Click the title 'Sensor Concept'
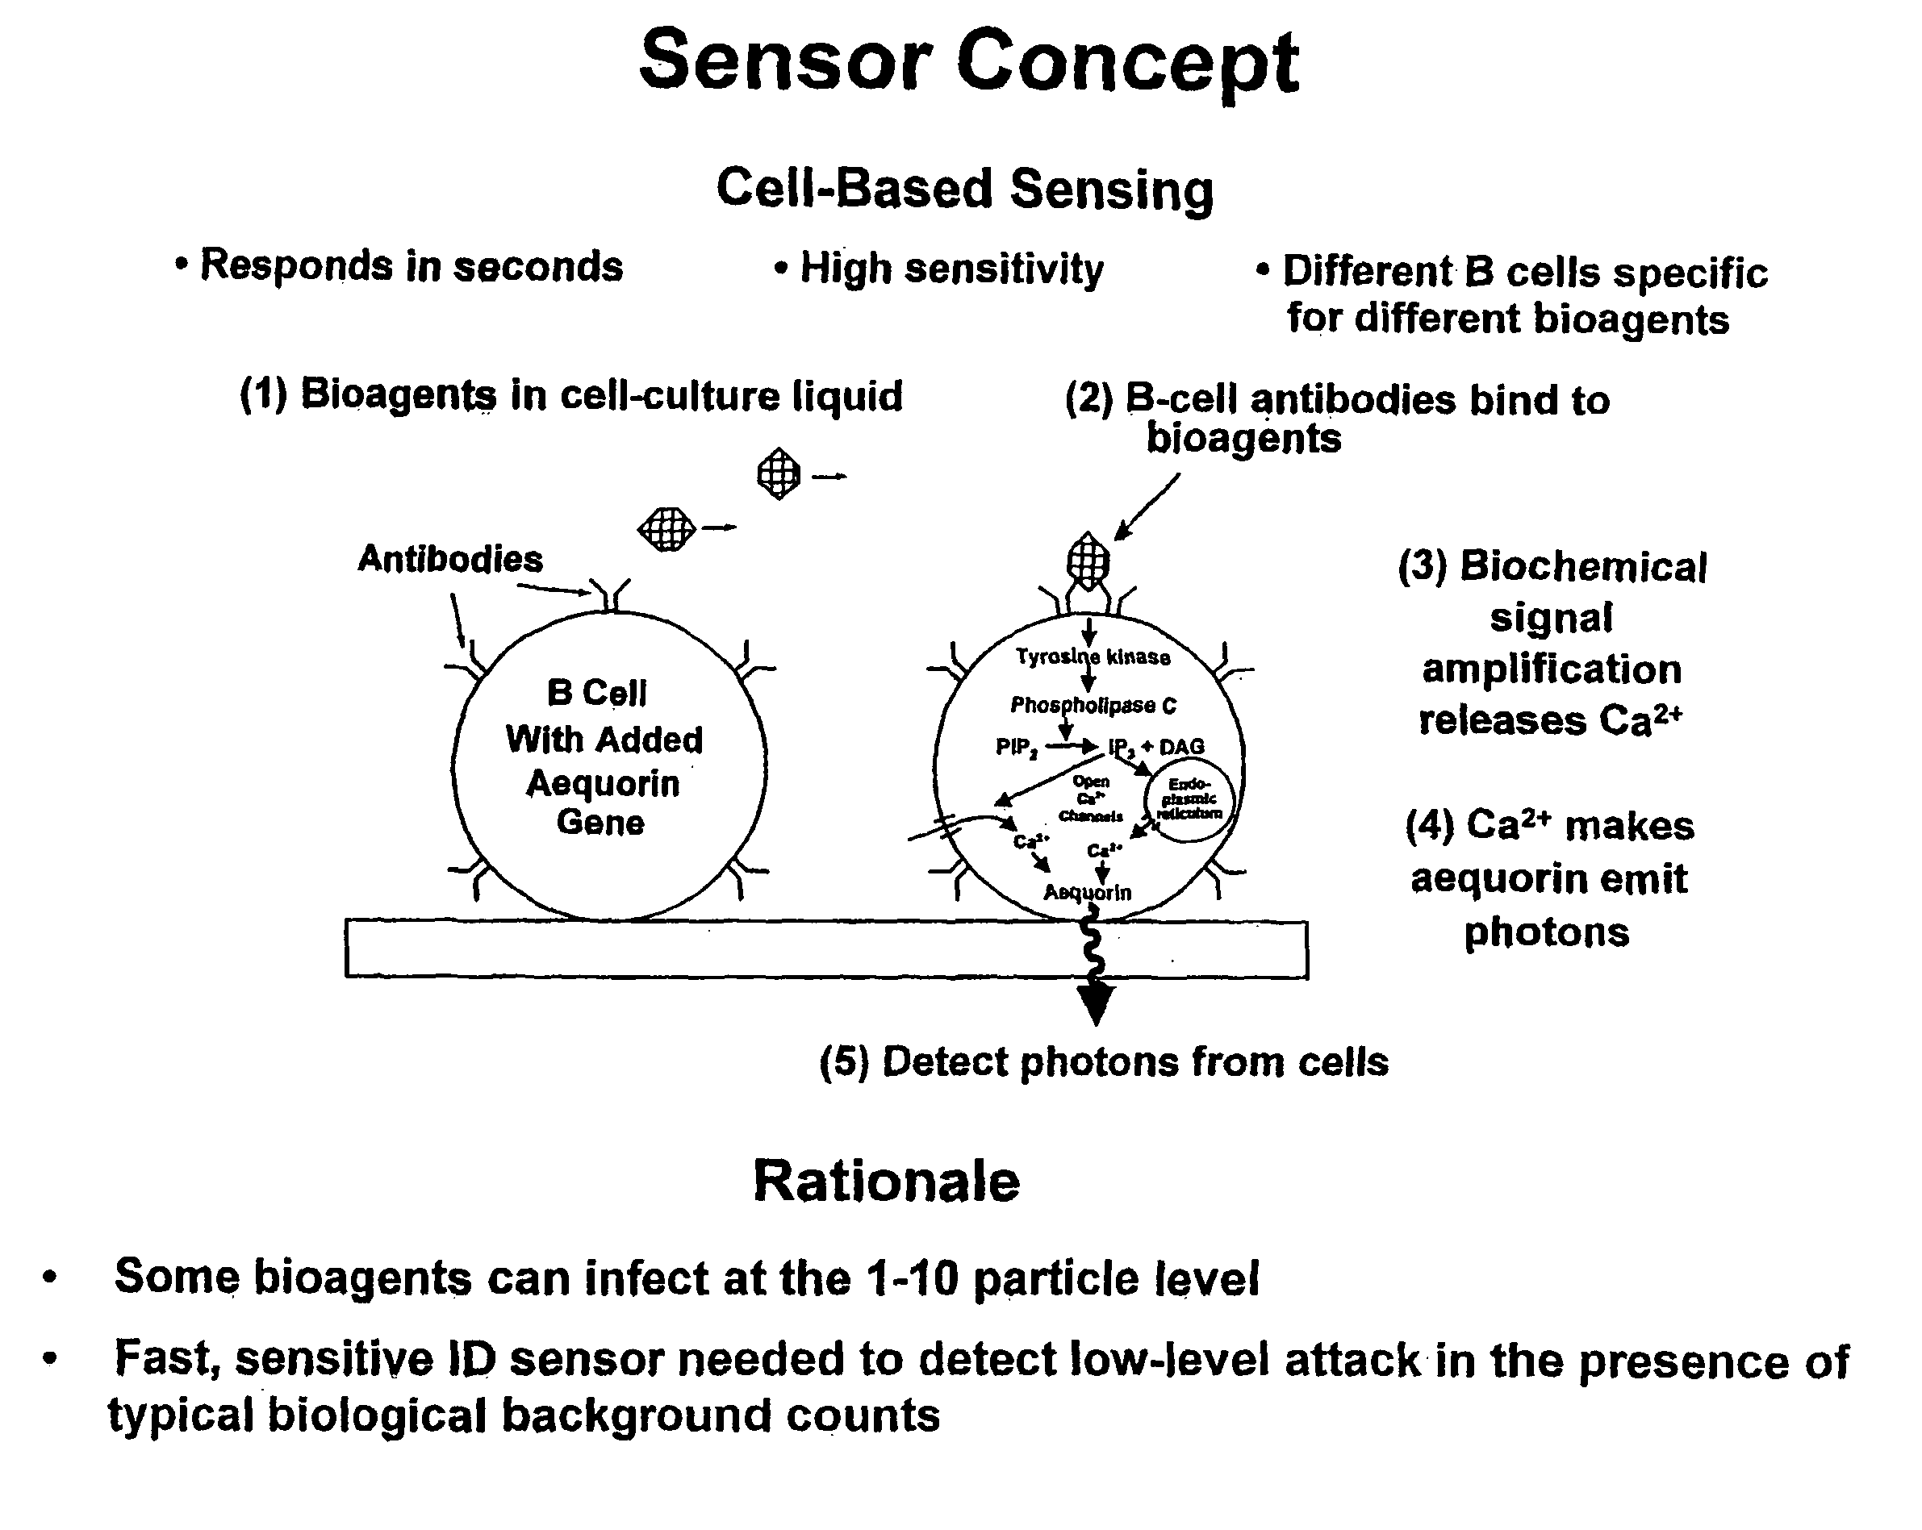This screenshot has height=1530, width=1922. click(969, 62)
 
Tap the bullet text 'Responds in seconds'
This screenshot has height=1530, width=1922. click(411, 265)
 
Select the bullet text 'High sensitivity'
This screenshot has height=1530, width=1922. click(951, 269)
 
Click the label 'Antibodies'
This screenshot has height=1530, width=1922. click(450, 560)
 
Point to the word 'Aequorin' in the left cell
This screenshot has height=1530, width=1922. click(603, 783)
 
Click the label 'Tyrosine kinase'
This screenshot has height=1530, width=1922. click(1093, 657)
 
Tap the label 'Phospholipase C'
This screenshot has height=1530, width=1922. click(1093, 706)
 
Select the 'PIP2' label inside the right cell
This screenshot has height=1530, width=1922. click(1016, 747)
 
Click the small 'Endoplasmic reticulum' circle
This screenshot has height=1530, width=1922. click(1189, 798)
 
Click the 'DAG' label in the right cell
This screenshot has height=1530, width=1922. click(1182, 747)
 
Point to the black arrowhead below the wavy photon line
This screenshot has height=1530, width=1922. click(1096, 1003)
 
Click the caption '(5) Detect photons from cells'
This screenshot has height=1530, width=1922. click(1104, 1062)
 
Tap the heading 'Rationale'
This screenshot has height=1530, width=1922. click(886, 1182)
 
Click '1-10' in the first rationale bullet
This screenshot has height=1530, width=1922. click(912, 1278)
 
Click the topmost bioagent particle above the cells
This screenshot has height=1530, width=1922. click(779, 473)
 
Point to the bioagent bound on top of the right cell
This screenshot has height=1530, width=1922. click(1088, 561)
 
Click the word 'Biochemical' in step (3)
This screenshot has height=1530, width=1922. click(1582, 567)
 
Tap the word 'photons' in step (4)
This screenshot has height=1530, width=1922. click(1547, 932)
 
